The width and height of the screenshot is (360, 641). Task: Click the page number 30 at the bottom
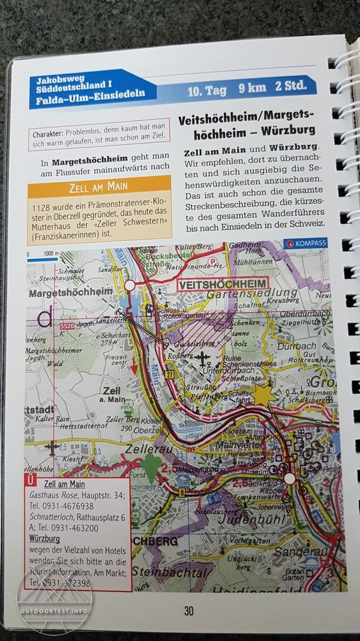click(x=188, y=610)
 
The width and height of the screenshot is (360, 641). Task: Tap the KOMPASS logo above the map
click(x=306, y=243)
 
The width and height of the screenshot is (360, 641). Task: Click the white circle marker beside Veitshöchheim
click(x=130, y=285)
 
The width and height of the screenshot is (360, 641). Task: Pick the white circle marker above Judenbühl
click(x=290, y=478)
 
